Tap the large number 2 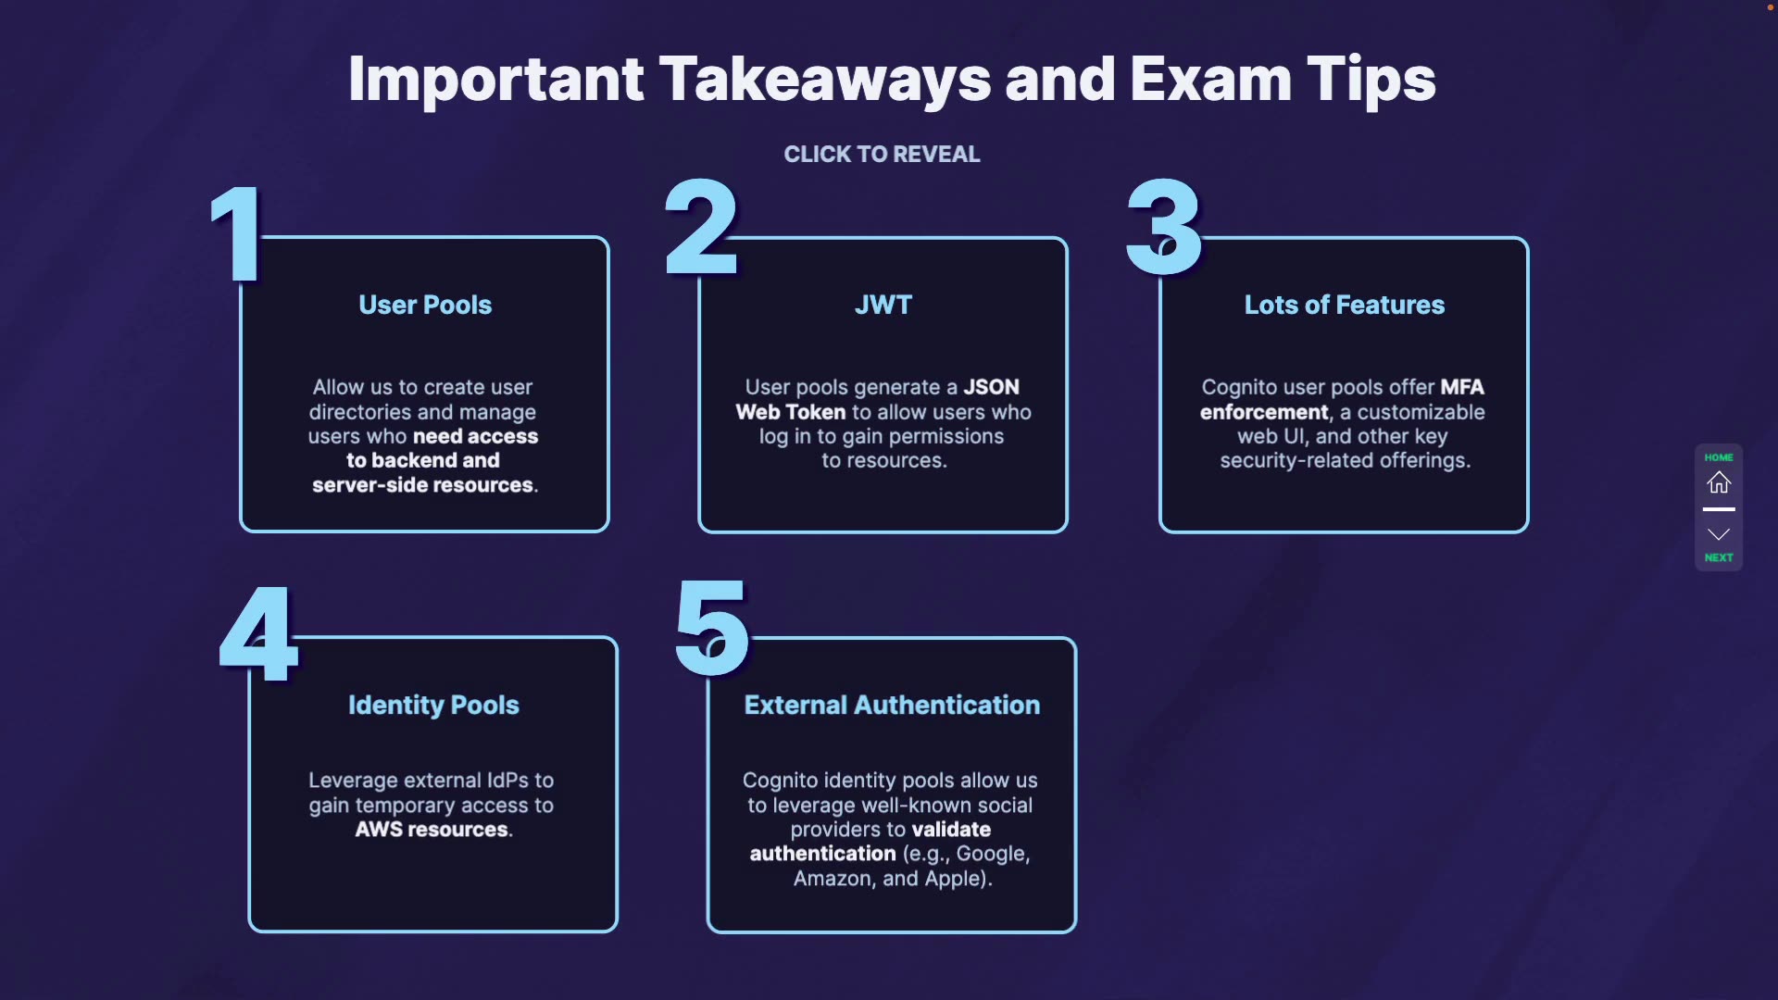pyautogui.click(x=701, y=228)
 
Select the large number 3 pyautogui.click(x=1164, y=228)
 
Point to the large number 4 pyautogui.click(x=258, y=634)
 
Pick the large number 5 pyautogui.click(x=711, y=629)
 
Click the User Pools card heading pyautogui.click(x=425, y=305)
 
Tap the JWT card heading pyautogui.click(x=883, y=305)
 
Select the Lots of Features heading pyautogui.click(x=1344, y=305)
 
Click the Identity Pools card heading pyautogui.click(x=433, y=705)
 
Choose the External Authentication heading pyautogui.click(x=892, y=705)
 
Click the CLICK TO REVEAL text pyautogui.click(x=882, y=154)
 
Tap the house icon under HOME pyautogui.click(x=1719, y=482)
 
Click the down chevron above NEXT pyautogui.click(x=1719, y=534)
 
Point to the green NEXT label pyautogui.click(x=1719, y=557)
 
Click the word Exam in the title pyautogui.click(x=1210, y=80)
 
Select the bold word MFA pyautogui.click(x=1462, y=387)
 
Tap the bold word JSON pyautogui.click(x=991, y=387)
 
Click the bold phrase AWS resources pyautogui.click(x=432, y=830)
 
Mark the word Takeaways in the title pyautogui.click(x=825, y=80)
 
